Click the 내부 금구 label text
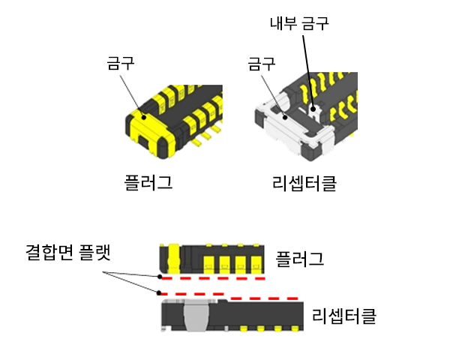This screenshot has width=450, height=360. (x=299, y=23)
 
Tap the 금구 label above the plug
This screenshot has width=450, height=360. (x=121, y=63)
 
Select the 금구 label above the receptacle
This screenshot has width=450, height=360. (x=262, y=64)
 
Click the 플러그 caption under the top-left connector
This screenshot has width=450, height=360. (x=148, y=182)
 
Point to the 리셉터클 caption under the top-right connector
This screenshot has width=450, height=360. (x=304, y=183)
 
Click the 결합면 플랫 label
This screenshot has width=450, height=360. (x=68, y=252)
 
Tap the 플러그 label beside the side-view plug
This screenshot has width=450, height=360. (x=299, y=259)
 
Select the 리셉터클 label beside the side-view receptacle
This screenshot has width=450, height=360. (x=343, y=316)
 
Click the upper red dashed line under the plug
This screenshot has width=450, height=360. (x=213, y=278)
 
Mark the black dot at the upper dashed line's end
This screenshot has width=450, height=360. (x=160, y=277)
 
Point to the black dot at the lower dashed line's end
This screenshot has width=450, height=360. (x=158, y=293)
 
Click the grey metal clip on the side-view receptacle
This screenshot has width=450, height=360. (x=196, y=315)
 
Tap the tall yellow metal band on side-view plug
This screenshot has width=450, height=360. (x=173, y=258)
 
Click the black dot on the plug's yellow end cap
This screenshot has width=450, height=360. (x=144, y=117)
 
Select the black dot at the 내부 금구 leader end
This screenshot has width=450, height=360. (x=313, y=109)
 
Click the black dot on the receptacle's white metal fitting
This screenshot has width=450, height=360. (x=285, y=117)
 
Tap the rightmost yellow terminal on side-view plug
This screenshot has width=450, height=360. (x=256, y=264)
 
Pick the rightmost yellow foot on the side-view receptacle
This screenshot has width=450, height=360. (x=295, y=328)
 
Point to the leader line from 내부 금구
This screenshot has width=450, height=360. (x=308, y=72)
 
